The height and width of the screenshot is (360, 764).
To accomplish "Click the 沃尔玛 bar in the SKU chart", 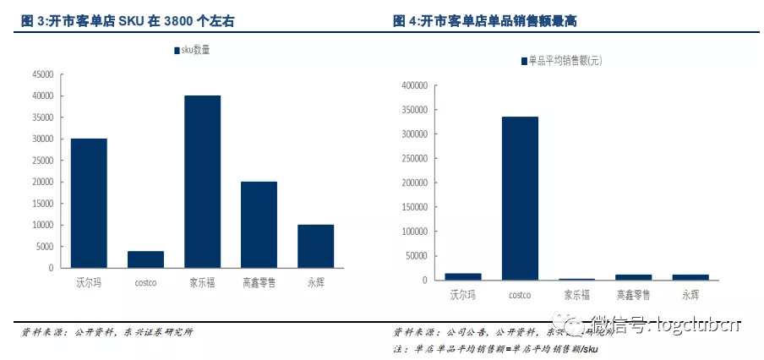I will coord(89,203).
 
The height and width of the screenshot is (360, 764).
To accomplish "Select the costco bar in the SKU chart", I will coord(145,259).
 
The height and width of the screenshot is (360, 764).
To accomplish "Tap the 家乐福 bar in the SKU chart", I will coord(202,182).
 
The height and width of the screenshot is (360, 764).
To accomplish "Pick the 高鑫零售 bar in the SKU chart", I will coord(259,225).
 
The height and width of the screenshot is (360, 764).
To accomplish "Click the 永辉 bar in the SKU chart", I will coord(315,246).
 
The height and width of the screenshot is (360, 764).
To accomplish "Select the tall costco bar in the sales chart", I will coord(520,198).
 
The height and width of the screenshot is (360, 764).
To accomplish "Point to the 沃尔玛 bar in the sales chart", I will coord(463,276).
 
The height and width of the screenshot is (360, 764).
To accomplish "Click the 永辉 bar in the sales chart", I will coord(690,276).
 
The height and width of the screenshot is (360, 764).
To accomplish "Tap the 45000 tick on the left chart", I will coord(41,74).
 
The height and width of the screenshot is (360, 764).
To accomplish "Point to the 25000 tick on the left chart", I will coord(41,161).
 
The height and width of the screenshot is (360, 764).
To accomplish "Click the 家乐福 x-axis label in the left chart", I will coord(202,282).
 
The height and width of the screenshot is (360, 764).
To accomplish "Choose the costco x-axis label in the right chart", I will coord(520,295).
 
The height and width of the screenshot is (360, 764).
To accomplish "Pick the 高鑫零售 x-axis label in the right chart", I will coord(634,295).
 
